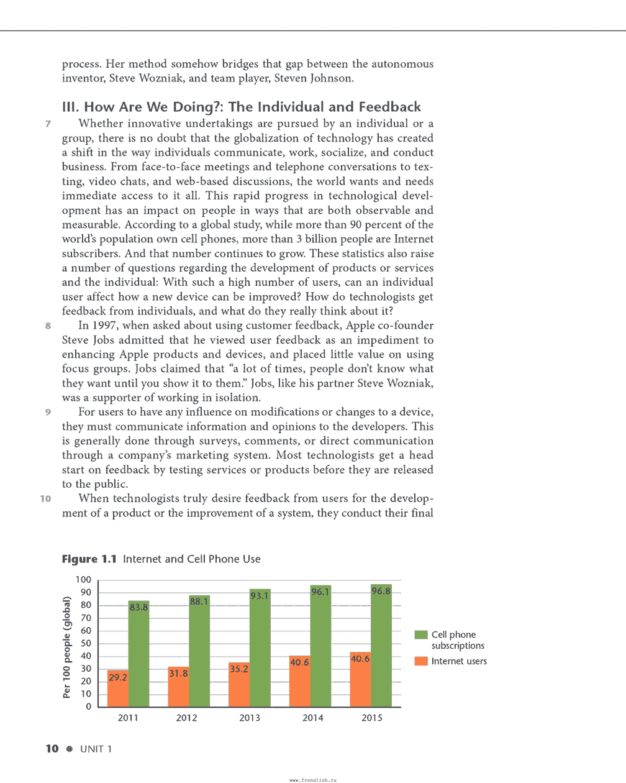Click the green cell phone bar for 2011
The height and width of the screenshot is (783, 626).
(138, 659)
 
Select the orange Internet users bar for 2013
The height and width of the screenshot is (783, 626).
(239, 687)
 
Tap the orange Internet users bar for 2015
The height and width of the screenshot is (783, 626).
(360, 680)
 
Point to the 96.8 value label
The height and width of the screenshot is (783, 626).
(381, 591)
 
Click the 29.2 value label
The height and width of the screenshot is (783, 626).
(117, 677)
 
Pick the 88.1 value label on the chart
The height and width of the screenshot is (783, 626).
(199, 602)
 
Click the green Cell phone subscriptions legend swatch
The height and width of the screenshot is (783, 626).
(421, 634)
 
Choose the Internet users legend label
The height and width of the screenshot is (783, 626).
(459, 661)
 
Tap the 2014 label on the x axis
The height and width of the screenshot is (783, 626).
(312, 718)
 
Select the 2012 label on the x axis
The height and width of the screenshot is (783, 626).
(186, 718)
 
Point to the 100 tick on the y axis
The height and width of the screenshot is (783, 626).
(83, 580)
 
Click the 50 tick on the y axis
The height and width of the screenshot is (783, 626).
(86, 643)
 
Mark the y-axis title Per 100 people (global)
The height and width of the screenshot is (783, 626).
(67, 647)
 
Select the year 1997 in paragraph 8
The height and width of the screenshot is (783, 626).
(104, 326)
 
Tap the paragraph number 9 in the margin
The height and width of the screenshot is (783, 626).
(47, 412)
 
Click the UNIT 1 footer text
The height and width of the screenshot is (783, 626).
(96, 749)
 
